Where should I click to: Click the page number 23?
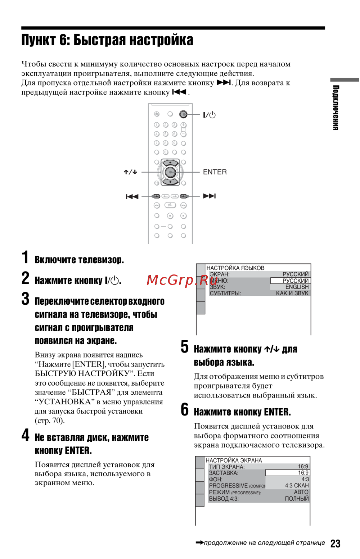point(335,543)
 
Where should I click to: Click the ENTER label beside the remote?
point(215,172)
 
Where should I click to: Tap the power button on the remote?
point(183,114)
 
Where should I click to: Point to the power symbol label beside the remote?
point(209,115)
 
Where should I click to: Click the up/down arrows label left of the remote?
point(130,172)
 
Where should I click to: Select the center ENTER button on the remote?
point(170,172)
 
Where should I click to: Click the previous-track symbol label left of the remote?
point(132,196)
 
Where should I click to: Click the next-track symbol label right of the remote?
point(209,196)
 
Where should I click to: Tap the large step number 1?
point(25,258)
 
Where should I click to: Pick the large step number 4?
point(25,435)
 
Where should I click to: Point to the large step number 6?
point(185,409)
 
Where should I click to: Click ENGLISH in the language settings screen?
point(297,287)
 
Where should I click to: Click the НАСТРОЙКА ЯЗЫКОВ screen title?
point(235,268)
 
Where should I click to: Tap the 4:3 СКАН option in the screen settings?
point(297,486)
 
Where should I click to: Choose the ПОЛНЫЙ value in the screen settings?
point(297,499)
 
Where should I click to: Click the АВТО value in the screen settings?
point(301,492)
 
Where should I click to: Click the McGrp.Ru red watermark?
point(177,280)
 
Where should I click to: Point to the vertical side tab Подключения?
point(336,108)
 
